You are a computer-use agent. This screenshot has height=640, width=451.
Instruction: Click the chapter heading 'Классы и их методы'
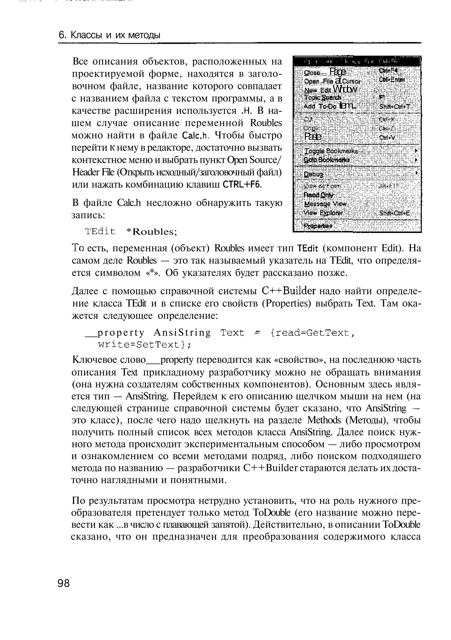point(115,35)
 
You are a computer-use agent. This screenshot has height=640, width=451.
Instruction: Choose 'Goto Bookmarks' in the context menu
point(327,160)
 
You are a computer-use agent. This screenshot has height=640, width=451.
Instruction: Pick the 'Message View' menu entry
point(325,204)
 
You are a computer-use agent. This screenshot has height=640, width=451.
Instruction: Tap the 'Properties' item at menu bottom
point(318,226)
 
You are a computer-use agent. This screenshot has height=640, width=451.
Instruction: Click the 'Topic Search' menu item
point(323,98)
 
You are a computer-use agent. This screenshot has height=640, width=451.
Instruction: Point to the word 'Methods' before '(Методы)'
point(324,420)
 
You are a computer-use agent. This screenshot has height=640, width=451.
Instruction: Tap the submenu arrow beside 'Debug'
point(416,173)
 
